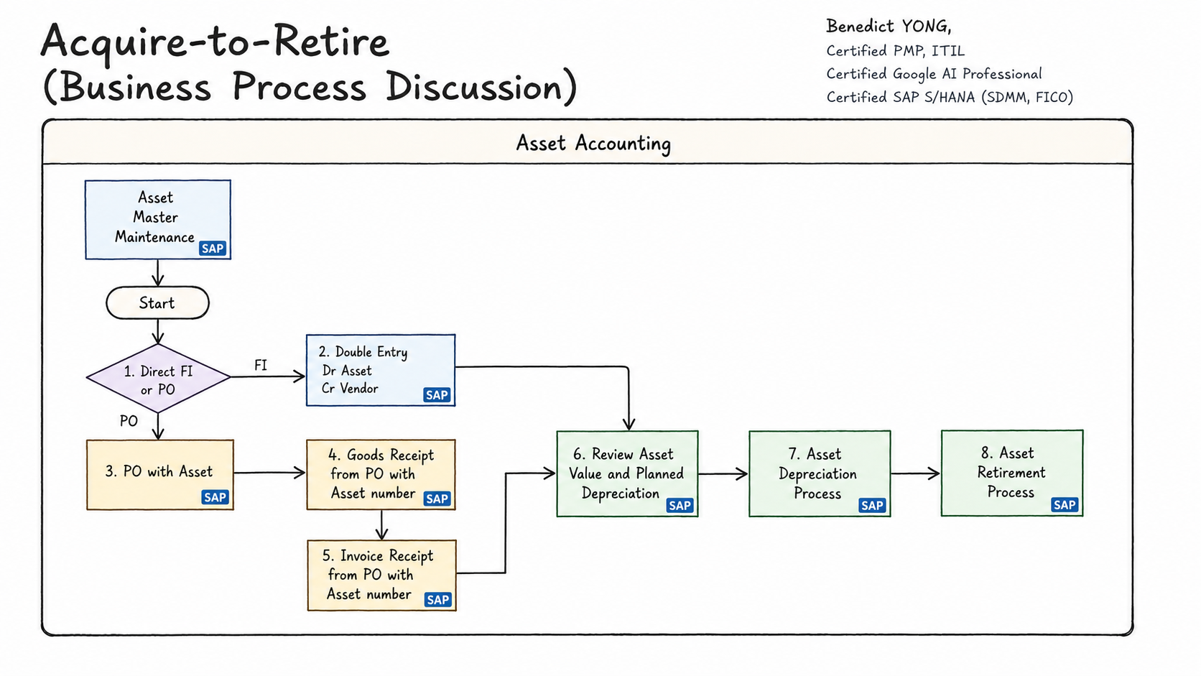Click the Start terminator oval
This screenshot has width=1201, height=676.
[157, 303]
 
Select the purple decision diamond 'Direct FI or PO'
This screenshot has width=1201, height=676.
[159, 379]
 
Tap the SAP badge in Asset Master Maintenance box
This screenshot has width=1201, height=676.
[213, 249]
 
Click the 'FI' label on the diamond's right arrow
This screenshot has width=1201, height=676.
[261, 365]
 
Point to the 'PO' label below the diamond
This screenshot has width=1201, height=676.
[129, 421]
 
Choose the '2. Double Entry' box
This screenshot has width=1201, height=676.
[381, 371]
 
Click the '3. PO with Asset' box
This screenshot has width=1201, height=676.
[160, 475]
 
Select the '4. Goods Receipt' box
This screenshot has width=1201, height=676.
[381, 475]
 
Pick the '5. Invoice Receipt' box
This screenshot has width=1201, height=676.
[381, 575]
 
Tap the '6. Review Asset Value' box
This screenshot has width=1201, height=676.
[627, 474]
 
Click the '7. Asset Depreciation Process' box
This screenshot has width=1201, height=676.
[820, 474]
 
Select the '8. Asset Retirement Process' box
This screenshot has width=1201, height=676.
[1012, 473]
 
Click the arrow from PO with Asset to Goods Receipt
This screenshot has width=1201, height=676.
[269, 473]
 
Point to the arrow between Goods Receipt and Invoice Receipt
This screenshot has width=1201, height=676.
[381, 525]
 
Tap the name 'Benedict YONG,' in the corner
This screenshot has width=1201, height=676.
[889, 27]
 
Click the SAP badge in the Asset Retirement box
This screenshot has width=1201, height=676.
[1065, 505]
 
